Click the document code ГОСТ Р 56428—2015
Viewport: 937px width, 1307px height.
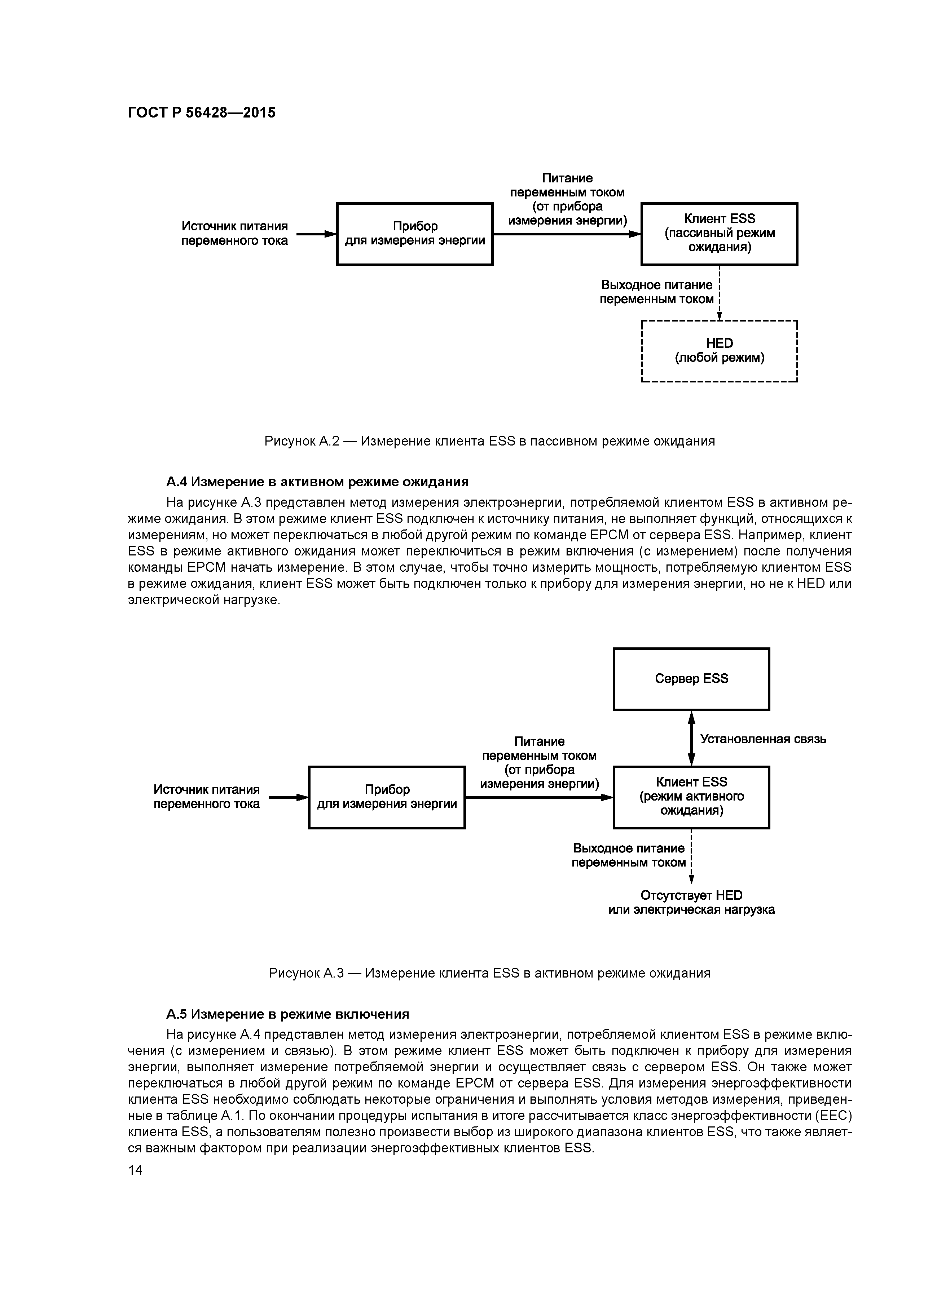(x=201, y=112)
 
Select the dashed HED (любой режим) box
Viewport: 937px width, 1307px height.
(x=719, y=351)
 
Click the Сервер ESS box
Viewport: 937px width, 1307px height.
(x=691, y=679)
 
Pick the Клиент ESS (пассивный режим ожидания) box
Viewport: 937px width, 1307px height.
(x=719, y=234)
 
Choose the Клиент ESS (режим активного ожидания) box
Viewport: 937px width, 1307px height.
(x=691, y=797)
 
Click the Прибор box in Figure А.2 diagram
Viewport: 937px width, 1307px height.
(x=415, y=234)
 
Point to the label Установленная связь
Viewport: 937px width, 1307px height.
(x=762, y=739)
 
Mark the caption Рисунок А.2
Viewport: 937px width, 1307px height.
(x=489, y=442)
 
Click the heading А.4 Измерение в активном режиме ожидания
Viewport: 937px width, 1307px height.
(x=317, y=482)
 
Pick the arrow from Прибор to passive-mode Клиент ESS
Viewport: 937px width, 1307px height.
(x=567, y=234)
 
